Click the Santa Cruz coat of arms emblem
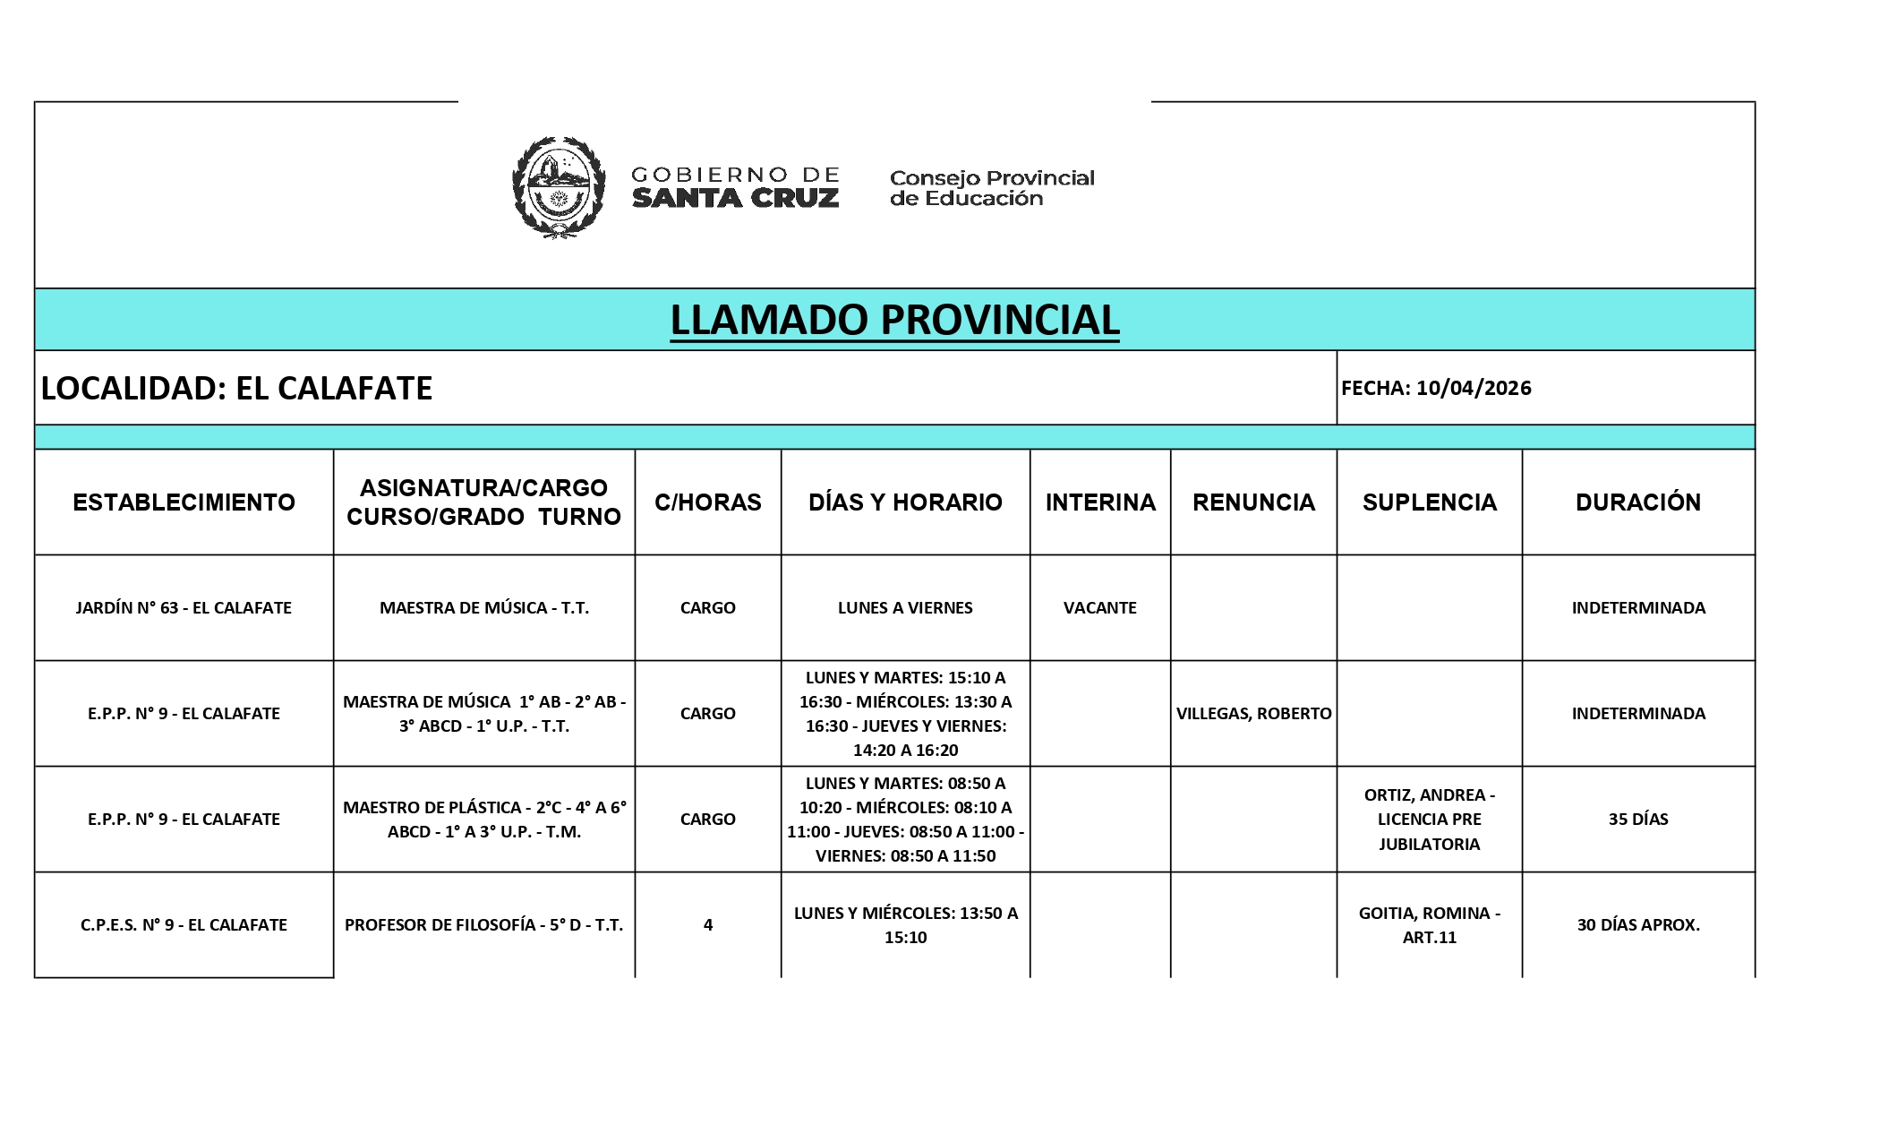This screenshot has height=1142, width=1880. pyautogui.click(x=559, y=187)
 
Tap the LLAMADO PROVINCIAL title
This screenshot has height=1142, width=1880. pyautogui.click(x=894, y=320)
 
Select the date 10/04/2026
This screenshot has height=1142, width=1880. pyautogui.click(x=1474, y=388)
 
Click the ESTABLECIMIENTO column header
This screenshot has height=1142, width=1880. pyautogui.click(x=184, y=502)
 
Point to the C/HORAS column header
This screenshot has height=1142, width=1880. pyautogui.click(x=707, y=502)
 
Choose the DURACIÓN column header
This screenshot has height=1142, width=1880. pyautogui.click(x=1637, y=502)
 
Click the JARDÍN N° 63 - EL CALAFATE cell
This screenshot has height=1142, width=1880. pyautogui.click(x=184, y=607)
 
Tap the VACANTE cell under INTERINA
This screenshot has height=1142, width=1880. pyautogui.click(x=1099, y=607)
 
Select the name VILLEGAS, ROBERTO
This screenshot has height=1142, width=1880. pyautogui.click(x=1253, y=713)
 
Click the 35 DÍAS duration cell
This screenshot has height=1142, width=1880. pyautogui.click(x=1637, y=819)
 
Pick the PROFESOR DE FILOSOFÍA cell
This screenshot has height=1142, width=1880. pyautogui.click(x=483, y=924)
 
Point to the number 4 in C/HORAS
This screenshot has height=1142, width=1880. pyautogui.click(x=707, y=924)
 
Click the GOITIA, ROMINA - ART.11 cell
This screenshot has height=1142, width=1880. pyautogui.click(x=1429, y=924)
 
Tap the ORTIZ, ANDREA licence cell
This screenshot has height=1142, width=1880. pyautogui.click(x=1429, y=819)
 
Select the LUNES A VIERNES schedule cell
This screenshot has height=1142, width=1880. pyautogui.click(x=905, y=607)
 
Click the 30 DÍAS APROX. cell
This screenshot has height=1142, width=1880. pyautogui.click(x=1637, y=924)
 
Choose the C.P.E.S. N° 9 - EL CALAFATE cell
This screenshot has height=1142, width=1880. pyautogui.click(x=184, y=924)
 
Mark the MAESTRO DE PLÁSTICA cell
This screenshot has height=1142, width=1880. pyautogui.click(x=483, y=819)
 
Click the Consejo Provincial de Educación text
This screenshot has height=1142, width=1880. pyautogui.click(x=991, y=188)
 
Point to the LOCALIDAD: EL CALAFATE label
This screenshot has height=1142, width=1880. pyautogui.click(x=237, y=388)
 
